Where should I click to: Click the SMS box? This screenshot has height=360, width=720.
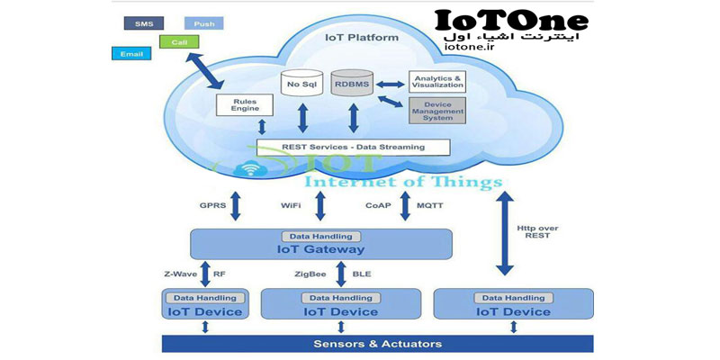point(142,22)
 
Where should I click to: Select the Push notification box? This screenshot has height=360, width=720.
point(203,22)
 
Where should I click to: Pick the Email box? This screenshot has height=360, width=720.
point(131,54)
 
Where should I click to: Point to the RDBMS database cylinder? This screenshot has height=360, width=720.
point(352,85)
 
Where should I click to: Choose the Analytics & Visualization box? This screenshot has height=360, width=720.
point(437,82)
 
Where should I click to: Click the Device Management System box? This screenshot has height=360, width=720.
point(437,112)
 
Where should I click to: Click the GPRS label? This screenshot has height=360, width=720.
point(212,205)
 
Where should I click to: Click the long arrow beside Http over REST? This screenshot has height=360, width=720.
point(505,226)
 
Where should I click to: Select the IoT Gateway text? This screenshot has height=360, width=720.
point(320,249)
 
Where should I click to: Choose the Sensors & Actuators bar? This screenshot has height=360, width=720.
point(377,344)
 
